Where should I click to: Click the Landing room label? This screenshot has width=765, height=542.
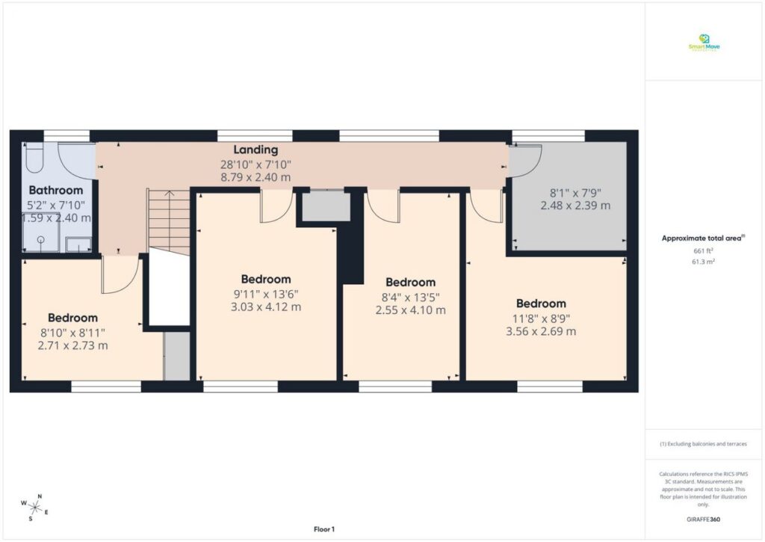(255, 150)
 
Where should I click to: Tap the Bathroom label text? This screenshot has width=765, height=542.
(56, 191)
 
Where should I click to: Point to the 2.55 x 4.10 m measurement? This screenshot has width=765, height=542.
(410, 310)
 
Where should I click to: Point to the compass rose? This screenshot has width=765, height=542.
(35, 507)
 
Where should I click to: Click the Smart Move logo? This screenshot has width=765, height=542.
(704, 43)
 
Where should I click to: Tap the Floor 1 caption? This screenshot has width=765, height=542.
(324, 529)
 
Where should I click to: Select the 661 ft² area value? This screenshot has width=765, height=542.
(703, 251)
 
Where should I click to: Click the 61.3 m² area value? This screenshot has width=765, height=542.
(703, 262)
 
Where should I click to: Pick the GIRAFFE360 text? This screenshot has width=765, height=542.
(704, 519)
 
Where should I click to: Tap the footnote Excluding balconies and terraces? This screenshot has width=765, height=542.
(703, 444)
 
